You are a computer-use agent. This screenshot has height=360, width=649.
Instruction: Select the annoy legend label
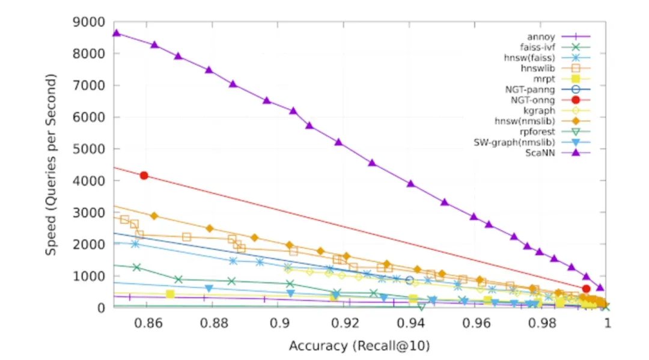point(541,37)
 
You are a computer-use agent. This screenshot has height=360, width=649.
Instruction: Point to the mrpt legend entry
point(544,79)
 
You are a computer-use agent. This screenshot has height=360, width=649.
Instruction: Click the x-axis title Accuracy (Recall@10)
point(359,346)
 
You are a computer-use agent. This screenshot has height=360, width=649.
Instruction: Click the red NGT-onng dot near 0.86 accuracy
point(144,175)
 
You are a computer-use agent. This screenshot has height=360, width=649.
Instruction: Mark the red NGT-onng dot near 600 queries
point(586,288)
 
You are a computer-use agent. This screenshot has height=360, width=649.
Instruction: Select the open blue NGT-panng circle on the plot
point(410,280)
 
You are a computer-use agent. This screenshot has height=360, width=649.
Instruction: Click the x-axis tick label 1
point(608,323)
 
